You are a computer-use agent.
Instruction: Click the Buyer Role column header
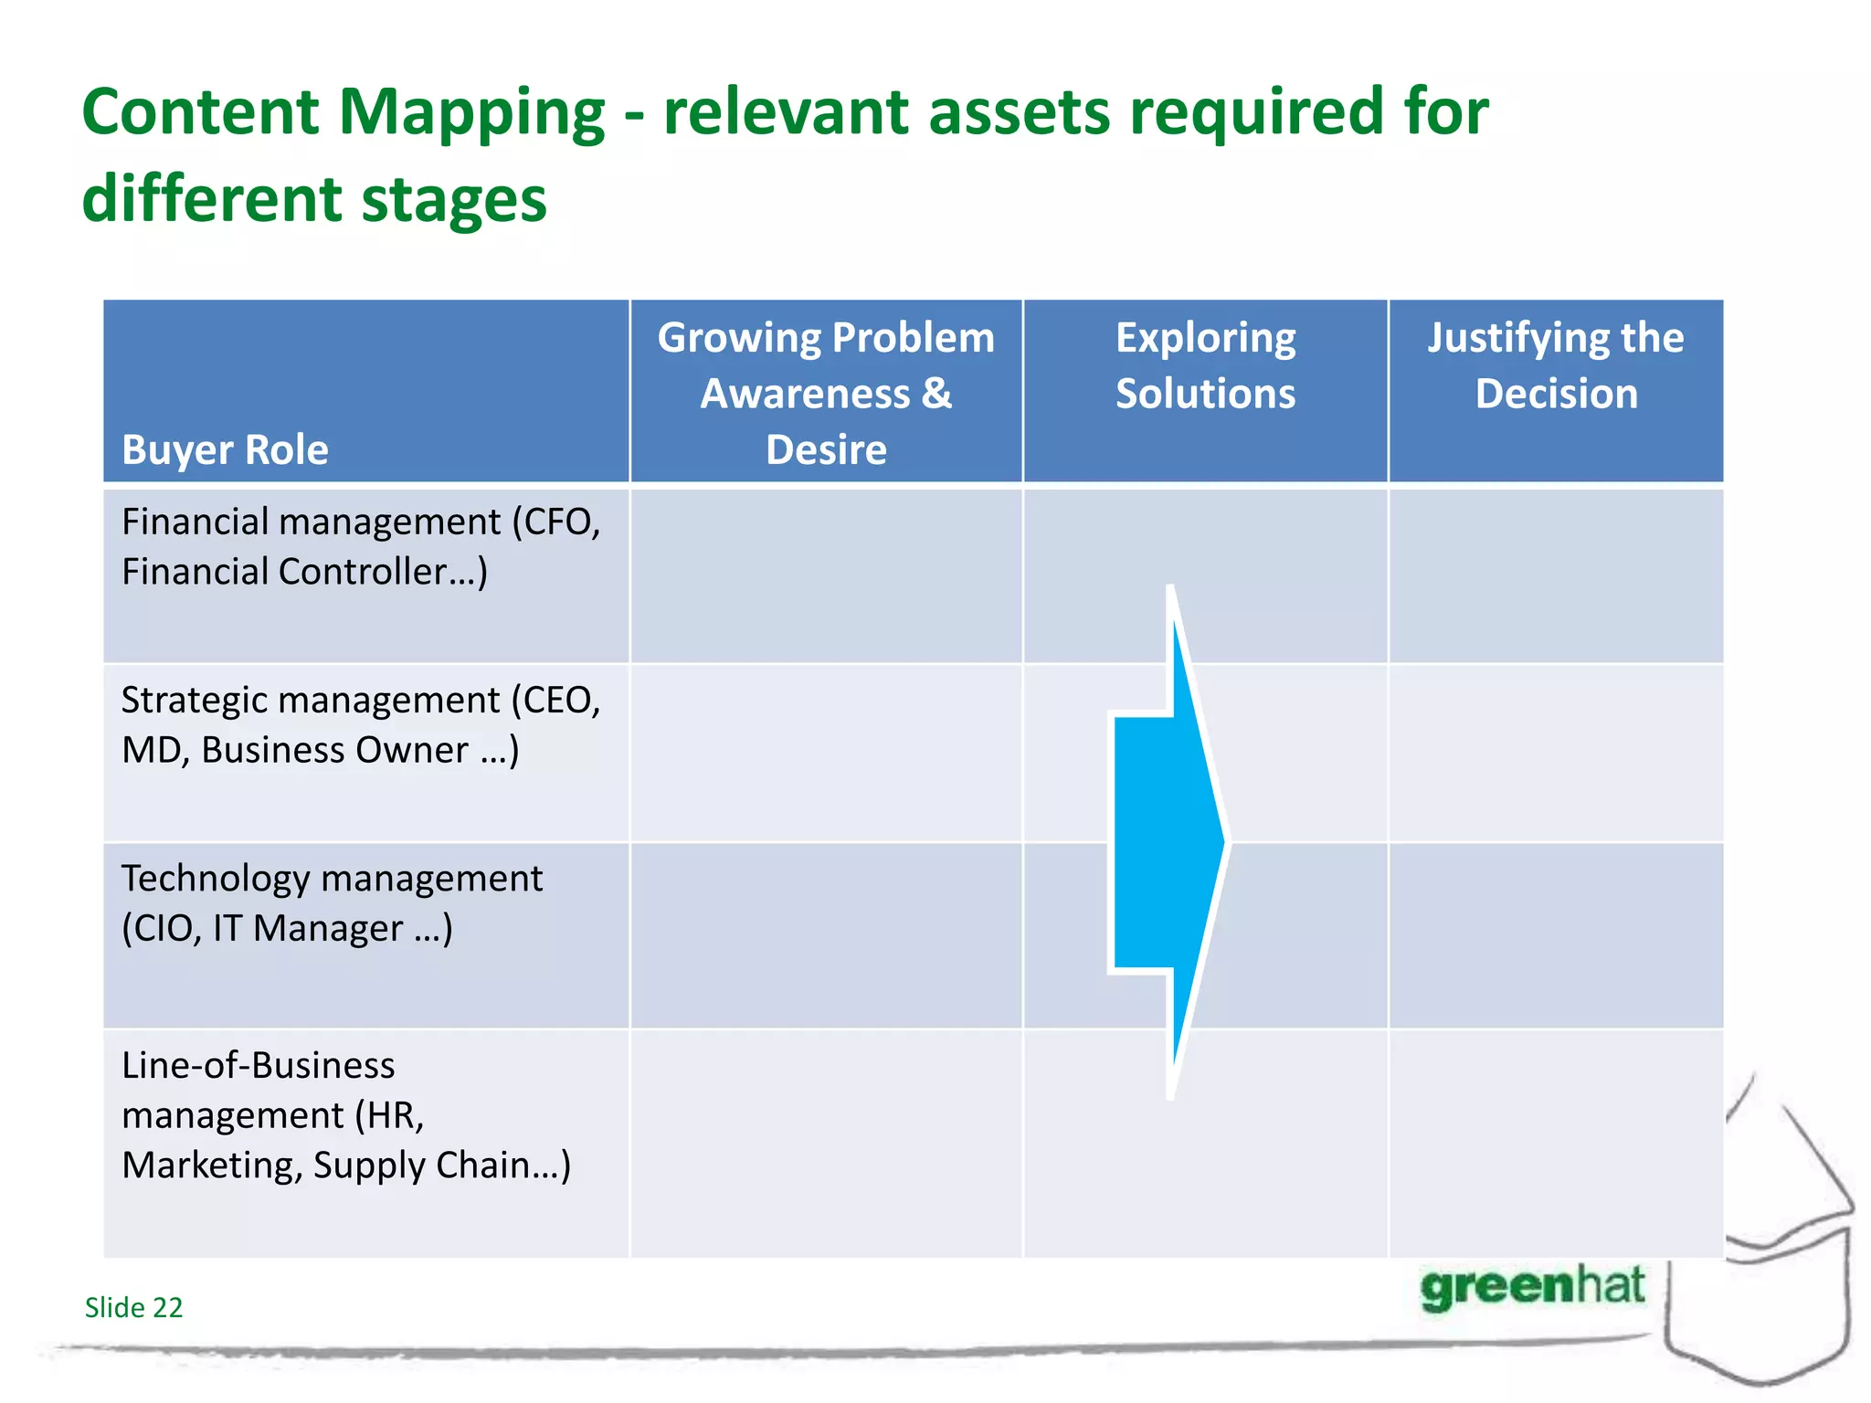[225, 449]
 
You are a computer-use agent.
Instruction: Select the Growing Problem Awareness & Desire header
[826, 393]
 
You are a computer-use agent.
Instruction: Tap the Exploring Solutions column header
[1205, 365]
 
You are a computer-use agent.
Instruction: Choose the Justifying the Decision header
[1556, 365]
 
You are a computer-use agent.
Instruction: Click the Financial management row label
[361, 546]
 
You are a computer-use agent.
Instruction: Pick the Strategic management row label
[361, 724]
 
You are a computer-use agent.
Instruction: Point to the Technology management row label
[332, 902]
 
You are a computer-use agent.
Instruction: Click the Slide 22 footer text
[133, 1307]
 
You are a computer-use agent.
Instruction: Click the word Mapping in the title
[471, 113]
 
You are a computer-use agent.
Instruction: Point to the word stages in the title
[454, 200]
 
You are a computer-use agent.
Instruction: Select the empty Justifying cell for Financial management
[1556, 575]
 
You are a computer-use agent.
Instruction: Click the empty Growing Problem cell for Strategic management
[826, 753]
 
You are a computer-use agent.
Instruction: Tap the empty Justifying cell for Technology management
[1556, 934]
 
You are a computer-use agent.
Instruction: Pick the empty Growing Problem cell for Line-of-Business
[826, 1143]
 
